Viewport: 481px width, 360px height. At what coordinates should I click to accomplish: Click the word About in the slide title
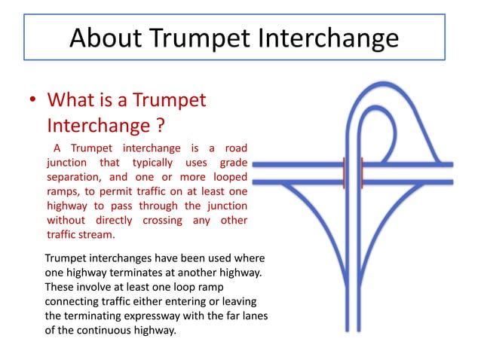point(107,37)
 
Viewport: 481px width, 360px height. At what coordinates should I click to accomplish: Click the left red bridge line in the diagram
point(344,172)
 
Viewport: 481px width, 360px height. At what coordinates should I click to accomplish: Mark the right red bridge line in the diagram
point(363,172)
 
